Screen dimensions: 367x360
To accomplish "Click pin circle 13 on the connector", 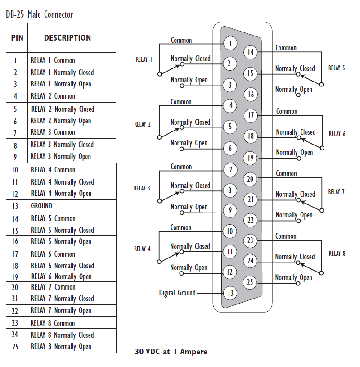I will [x=230, y=293].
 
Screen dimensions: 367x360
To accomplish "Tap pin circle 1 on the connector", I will [x=230, y=43].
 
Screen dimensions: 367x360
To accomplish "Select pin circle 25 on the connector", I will [x=251, y=282].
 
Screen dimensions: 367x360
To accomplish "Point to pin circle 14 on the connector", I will [x=251, y=52].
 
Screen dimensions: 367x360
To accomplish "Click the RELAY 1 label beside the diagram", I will [x=144, y=59].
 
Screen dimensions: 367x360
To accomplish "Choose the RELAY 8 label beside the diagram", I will [x=337, y=254].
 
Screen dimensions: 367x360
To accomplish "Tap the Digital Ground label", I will [x=177, y=293].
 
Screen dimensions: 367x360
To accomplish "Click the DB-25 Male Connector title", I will [x=40, y=14].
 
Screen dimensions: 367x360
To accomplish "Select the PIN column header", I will [x=17, y=38].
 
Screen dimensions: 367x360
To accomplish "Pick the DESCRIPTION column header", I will [x=67, y=38].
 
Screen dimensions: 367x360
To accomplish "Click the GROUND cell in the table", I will [x=42, y=206].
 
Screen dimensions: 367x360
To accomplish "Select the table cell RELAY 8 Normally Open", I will [x=61, y=347].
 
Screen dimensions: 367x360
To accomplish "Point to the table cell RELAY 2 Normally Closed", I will [x=63, y=109].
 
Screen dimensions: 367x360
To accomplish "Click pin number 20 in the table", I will [x=15, y=287].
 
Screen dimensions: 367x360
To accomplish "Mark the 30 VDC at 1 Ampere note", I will [x=171, y=352].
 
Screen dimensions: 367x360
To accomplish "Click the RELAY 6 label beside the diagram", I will [x=337, y=134].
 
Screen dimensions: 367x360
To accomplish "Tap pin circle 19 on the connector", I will [x=251, y=158].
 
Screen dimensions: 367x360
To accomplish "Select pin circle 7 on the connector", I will [x=230, y=170].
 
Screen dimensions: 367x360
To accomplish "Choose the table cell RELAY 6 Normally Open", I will [x=61, y=277].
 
